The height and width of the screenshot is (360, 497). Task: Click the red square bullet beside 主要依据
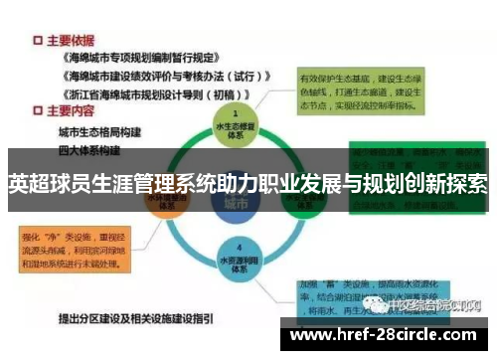point(37,41)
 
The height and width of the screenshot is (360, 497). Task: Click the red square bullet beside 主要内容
point(37,110)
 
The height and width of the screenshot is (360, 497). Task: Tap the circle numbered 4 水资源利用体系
point(235,257)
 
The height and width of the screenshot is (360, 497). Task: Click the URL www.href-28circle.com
point(387,337)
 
